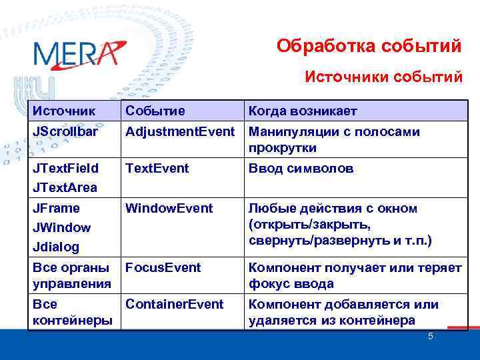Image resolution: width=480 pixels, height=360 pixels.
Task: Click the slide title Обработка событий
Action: [x=369, y=46]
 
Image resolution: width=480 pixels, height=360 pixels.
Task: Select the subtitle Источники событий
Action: [x=383, y=77]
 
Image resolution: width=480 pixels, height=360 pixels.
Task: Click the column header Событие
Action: [x=155, y=110]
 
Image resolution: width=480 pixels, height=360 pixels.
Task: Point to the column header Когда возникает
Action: [x=303, y=110]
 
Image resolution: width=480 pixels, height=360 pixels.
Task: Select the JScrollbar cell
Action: [x=65, y=132]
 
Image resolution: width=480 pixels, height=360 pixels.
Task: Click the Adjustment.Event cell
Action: [x=180, y=132]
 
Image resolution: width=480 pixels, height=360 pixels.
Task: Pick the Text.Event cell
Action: [x=157, y=169]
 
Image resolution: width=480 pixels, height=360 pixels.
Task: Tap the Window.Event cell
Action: [x=169, y=209]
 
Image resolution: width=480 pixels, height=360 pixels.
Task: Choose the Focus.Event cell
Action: [x=163, y=267]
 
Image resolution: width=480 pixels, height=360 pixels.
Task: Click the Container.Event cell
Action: [x=175, y=304]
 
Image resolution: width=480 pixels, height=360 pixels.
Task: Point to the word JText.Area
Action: [x=65, y=187]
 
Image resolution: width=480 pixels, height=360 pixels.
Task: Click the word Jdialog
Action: [x=56, y=247]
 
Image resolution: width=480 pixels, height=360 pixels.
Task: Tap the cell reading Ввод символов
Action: [x=301, y=169]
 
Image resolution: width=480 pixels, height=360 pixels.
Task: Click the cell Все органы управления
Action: [x=71, y=275]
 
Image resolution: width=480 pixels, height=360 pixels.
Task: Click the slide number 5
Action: [x=430, y=336]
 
